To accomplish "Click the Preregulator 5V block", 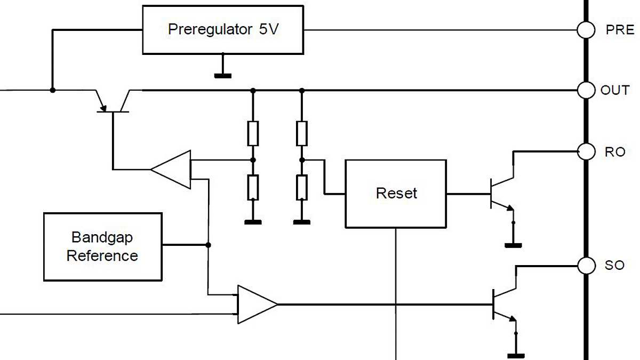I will click(223, 30).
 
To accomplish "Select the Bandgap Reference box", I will click(102, 246).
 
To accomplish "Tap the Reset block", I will click(396, 194).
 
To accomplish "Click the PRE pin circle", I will click(586, 30).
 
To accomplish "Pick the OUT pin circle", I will click(586, 90).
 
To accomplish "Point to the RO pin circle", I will click(586, 151).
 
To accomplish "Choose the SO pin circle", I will click(586, 265).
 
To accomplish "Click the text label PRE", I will click(619, 30).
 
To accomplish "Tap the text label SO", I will click(614, 265).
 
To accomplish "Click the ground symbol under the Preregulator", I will click(223, 75).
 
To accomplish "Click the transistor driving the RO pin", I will click(501, 193).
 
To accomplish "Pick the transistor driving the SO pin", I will click(504, 305).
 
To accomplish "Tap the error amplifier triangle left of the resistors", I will click(172, 170).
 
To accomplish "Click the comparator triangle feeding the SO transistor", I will click(256, 305).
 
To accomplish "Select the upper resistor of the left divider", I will click(253, 133).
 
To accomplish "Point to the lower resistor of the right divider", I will click(302, 187).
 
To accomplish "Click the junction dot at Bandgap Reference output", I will click(208, 245).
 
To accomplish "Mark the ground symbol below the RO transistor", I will click(513, 245).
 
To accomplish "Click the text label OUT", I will click(615, 90).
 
